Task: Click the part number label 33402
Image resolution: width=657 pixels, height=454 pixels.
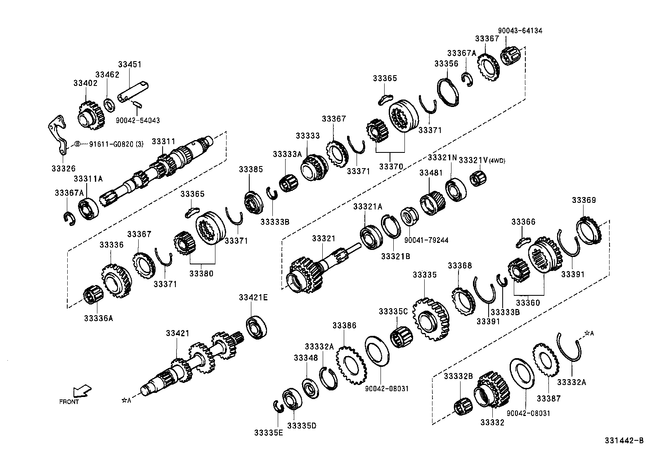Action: click(x=85, y=83)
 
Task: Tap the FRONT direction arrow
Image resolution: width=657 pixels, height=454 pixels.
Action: click(x=82, y=391)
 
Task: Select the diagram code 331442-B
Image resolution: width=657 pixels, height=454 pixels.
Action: click(x=624, y=441)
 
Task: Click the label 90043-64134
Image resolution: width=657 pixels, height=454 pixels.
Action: click(x=520, y=31)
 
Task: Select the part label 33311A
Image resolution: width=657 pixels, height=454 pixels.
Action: click(x=88, y=179)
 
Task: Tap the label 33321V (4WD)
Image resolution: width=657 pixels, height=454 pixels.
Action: click(x=482, y=160)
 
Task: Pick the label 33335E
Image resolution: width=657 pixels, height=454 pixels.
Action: click(x=269, y=433)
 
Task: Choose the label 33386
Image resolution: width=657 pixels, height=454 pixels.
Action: click(x=344, y=326)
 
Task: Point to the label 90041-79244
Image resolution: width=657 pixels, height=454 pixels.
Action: click(x=426, y=240)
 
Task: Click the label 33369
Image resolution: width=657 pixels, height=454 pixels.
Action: click(x=584, y=200)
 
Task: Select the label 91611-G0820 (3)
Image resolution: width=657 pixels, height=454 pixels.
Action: click(x=116, y=144)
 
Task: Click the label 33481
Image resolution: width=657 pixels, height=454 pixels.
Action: click(x=431, y=173)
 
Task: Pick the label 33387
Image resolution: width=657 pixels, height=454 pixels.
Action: click(x=548, y=398)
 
